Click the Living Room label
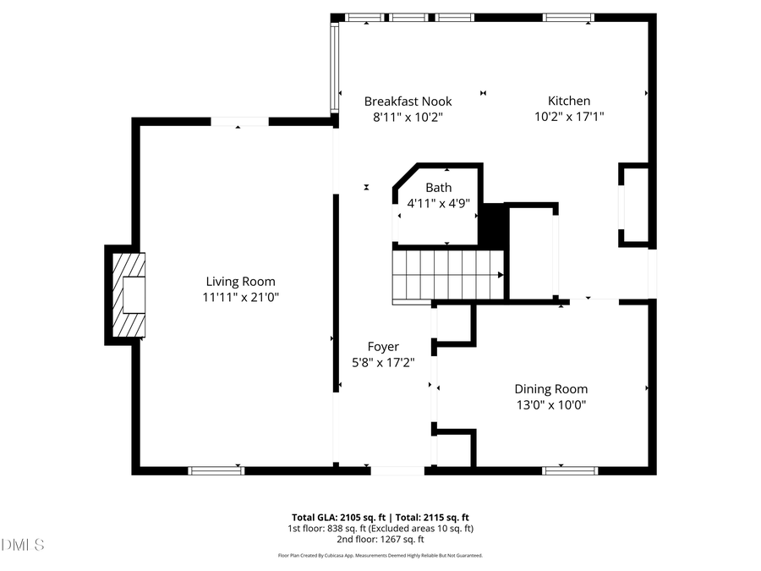coord(240,282)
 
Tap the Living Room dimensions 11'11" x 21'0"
coord(240,297)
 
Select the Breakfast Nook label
coord(408,102)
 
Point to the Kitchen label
coord(569,102)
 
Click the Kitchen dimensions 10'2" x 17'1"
coord(569,117)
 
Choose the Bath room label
coord(438,188)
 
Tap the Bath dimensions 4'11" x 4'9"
coord(438,203)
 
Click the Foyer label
coord(383,347)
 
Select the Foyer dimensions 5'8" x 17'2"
coord(383,362)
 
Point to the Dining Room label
coord(550,389)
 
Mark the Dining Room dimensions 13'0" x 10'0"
coord(550,404)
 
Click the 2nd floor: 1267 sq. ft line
coord(380,539)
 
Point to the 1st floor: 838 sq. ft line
coord(380,528)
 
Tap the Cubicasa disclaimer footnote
coord(380,556)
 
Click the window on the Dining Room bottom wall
coord(558,470)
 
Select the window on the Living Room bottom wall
coord(216,470)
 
